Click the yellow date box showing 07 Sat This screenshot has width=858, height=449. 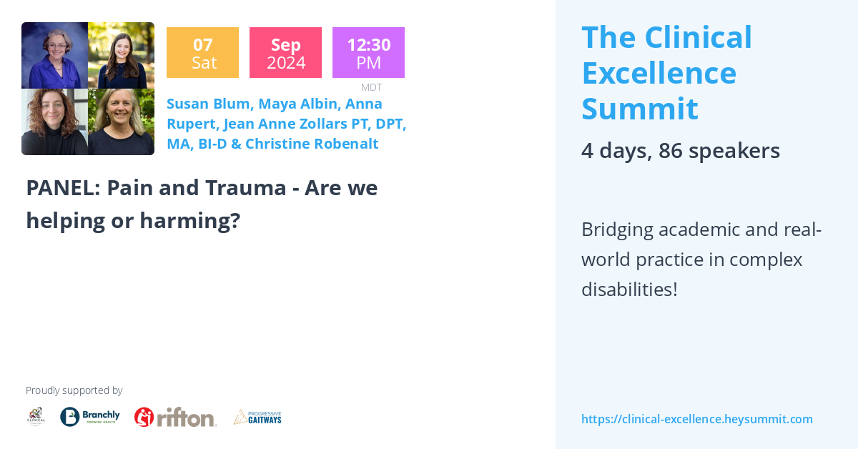202,53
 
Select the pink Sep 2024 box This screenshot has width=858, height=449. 285,53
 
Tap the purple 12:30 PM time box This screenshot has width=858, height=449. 368,53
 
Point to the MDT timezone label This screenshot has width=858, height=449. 371,87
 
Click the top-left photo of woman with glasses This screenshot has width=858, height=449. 54,56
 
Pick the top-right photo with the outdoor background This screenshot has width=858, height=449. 121,56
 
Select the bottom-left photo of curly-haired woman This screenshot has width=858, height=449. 54,122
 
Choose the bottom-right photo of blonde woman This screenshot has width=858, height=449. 121,122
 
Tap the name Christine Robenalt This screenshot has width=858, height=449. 312,144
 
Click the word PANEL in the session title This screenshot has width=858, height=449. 62,188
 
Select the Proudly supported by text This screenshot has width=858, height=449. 74,390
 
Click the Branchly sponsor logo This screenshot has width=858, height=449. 90,416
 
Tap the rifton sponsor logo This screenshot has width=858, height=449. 175,417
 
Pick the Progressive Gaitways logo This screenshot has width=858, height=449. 257,417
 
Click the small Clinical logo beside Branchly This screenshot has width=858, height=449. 36,416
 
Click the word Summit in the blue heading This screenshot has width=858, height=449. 639,109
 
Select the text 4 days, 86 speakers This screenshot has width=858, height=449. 680,151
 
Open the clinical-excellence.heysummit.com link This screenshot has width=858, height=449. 696,419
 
